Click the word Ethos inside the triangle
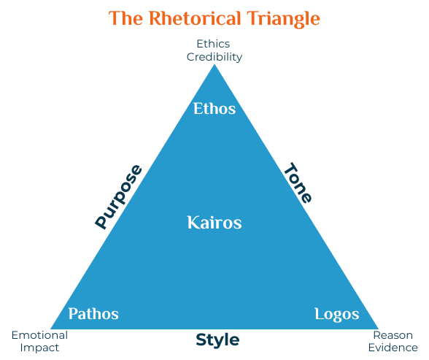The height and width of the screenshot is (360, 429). point(214,109)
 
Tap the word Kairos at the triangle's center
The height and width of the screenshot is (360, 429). point(214,222)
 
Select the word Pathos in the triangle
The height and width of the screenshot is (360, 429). point(93,314)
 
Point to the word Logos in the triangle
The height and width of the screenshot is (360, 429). point(337,314)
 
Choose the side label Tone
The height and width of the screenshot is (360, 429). point(298,183)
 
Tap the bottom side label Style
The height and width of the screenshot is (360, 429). point(217,340)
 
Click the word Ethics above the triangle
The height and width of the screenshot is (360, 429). point(214,45)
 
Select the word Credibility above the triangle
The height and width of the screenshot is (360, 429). point(214,56)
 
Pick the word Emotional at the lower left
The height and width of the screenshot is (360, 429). point(39,335)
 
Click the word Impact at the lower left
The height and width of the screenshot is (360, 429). point(39,348)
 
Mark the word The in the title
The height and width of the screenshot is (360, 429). point(125,18)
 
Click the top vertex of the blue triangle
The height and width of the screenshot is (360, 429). point(214,65)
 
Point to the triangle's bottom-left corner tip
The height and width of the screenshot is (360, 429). point(50,329)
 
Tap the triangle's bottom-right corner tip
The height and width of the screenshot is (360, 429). point(379,329)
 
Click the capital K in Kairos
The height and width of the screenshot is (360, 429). point(193,222)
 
